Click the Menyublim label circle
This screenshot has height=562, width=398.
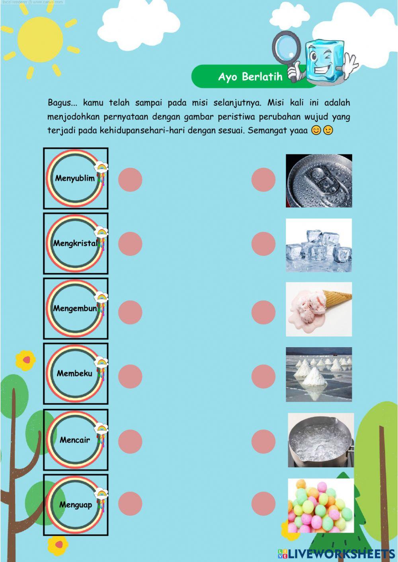click(75, 178)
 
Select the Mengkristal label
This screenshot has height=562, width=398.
click(75, 243)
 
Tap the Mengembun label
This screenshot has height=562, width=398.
click(75, 308)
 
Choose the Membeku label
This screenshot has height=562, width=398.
click(75, 373)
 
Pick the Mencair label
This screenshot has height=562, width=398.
click(75, 439)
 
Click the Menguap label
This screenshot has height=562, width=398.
click(75, 505)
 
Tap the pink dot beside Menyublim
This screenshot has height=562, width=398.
click(130, 179)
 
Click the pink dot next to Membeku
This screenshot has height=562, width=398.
click(130, 376)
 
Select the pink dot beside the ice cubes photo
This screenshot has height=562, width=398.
click(263, 244)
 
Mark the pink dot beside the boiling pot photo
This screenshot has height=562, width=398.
click(263, 441)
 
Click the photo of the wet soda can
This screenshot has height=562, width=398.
click(319, 181)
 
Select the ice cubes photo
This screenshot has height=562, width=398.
click(319, 245)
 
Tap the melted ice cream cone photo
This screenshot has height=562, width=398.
click(319, 309)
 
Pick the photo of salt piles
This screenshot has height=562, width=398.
click(319, 374)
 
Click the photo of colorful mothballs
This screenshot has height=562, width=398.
click(321, 505)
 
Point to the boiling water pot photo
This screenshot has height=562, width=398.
click(321, 440)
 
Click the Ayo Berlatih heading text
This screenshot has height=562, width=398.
click(250, 76)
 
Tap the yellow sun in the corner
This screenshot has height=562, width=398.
click(40, 39)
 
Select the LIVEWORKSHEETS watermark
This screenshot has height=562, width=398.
click(336, 553)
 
